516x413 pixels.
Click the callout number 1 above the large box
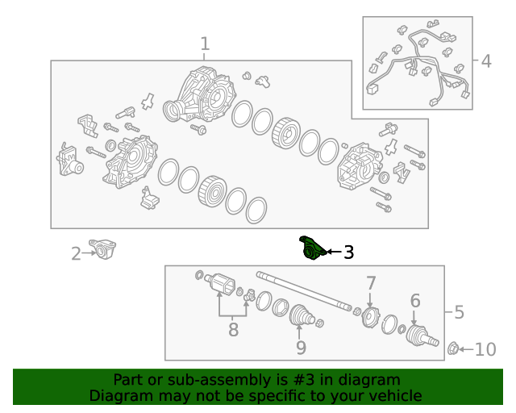tap(205, 44)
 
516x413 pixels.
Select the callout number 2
tap(76, 254)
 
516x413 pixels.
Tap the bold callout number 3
tap(348, 252)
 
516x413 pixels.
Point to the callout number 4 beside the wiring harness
tap(486, 61)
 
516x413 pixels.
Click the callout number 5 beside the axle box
tap(459, 312)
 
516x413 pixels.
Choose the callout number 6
tap(415, 301)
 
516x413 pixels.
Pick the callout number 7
tap(371, 283)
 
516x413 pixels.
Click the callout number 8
tap(233, 330)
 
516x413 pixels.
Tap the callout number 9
tap(301, 348)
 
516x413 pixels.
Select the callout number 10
tap(485, 349)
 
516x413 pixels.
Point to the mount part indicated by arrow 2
tap(103, 249)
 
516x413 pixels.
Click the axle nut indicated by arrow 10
tap(453, 348)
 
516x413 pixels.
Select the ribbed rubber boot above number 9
tap(302, 315)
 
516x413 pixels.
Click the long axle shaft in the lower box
tap(304, 291)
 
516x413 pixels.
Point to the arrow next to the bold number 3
tap(334, 252)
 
